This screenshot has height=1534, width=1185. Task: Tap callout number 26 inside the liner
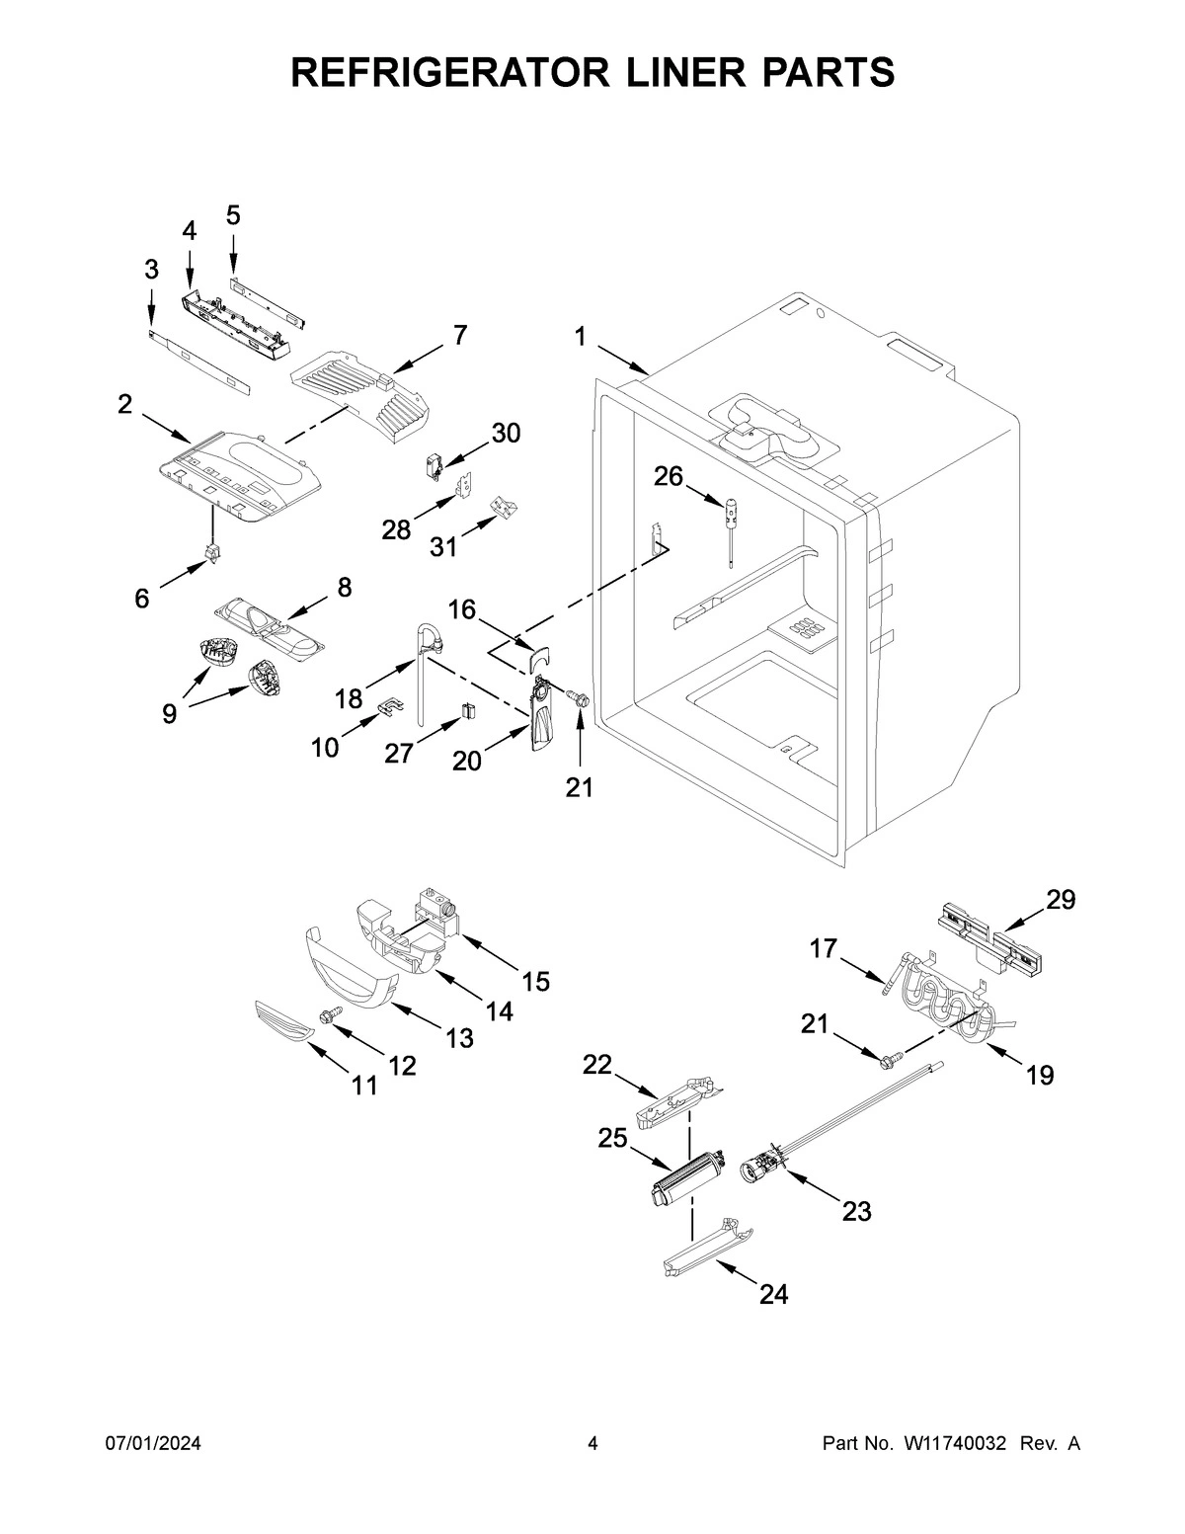click(669, 477)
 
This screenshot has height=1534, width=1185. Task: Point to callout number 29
click(1062, 899)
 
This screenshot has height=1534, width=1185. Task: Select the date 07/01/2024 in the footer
click(153, 1443)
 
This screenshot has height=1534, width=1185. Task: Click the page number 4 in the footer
click(592, 1443)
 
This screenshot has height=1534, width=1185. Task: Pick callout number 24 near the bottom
click(773, 1294)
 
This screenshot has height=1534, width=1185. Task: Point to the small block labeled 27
click(469, 710)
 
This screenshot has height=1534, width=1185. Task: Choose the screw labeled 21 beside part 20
click(581, 698)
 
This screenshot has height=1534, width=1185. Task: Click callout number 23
click(856, 1210)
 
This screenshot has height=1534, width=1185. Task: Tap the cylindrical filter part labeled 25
click(681, 1177)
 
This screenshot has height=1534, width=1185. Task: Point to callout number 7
click(460, 335)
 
